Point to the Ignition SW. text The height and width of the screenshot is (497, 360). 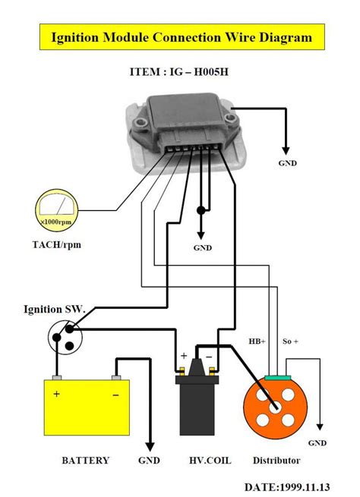pyautogui.click(x=54, y=310)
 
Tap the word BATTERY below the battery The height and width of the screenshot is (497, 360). pyautogui.click(x=84, y=460)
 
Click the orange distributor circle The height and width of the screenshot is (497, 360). pyautogui.click(x=273, y=404)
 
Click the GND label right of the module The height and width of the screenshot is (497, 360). pyautogui.click(x=287, y=162)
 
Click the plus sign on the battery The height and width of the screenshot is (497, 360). pyautogui.click(x=56, y=395)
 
